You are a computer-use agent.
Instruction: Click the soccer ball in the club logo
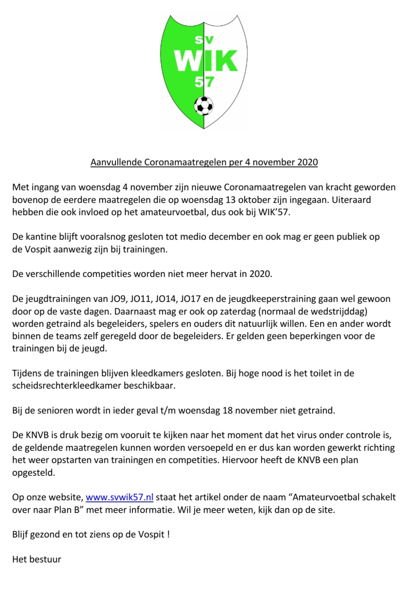pos(204,106)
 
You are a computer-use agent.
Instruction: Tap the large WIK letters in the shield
pos(206,61)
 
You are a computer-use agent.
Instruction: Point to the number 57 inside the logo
pos(204,82)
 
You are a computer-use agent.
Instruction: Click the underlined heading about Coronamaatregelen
pos(204,162)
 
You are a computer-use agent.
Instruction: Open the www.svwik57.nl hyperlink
pos(119,497)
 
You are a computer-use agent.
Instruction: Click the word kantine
pos(42,237)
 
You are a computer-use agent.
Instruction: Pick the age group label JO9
pos(135,299)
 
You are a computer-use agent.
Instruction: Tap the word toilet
pos(321,373)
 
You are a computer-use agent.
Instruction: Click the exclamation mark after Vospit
pos(168,534)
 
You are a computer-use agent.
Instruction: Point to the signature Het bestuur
pos(37,559)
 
